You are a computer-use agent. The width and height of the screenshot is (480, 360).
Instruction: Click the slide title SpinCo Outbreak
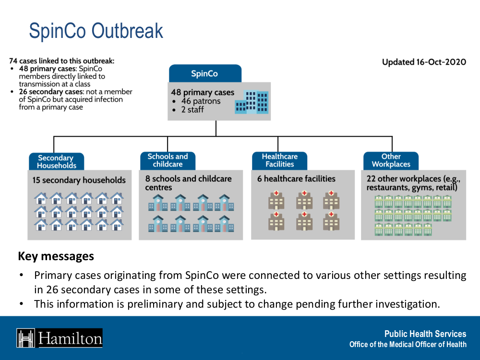coord(96,31)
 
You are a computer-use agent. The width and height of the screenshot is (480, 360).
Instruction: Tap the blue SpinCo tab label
coord(204,73)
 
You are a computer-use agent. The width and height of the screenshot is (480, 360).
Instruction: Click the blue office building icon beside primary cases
coord(252,102)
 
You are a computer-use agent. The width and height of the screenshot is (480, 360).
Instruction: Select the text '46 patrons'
coord(201,101)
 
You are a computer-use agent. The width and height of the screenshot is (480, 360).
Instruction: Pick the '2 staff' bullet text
coord(192,110)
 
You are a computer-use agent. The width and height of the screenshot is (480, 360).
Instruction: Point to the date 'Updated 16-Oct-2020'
coord(424,62)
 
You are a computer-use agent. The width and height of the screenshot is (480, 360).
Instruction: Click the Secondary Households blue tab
coord(56,162)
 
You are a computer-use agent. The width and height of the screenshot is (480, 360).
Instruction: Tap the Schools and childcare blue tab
coord(168,160)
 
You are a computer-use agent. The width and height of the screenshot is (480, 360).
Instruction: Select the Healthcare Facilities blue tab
coord(279,160)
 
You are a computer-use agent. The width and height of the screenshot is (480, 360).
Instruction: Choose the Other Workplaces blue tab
coord(391,160)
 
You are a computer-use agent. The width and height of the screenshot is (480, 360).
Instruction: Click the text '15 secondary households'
coord(79,180)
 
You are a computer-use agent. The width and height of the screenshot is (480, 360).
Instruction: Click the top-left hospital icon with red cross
coord(276,200)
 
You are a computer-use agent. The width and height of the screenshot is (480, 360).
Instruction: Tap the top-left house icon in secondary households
coord(41,198)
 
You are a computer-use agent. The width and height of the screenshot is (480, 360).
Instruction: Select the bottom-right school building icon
coord(224,224)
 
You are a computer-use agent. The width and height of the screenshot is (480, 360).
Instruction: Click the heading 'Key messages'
coord(56,256)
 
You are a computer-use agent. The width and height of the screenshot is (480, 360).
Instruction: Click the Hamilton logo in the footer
coord(60,338)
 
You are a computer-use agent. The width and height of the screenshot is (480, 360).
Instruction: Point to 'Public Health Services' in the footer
coord(425,334)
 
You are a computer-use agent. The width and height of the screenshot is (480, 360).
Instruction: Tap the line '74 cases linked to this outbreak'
coord(62,61)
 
